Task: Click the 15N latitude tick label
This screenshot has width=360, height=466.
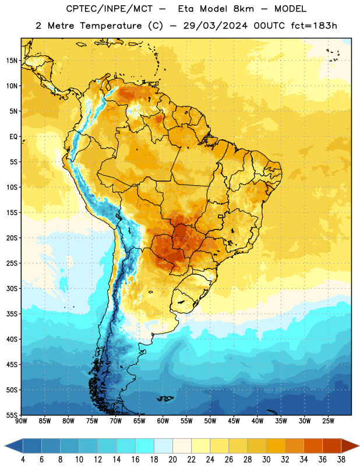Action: [12, 61]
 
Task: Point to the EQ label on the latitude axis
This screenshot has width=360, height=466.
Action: [13, 137]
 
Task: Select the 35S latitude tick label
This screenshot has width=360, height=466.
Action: [12, 314]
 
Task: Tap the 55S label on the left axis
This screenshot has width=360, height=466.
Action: [12, 415]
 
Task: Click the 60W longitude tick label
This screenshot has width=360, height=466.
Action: [163, 421]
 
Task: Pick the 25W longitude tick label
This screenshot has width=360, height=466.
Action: [328, 421]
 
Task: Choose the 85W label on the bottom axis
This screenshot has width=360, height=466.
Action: [45, 421]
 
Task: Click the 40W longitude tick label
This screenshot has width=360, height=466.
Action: [257, 421]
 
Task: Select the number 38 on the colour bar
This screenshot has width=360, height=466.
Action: [341, 460]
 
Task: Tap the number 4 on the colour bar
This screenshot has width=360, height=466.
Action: [23, 460]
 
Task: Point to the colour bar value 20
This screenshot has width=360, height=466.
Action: [172, 460]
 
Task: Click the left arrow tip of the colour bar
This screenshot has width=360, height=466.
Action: [5, 446]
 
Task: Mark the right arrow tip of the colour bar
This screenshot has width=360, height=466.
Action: [359, 446]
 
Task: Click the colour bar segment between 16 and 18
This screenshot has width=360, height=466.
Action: [144, 446]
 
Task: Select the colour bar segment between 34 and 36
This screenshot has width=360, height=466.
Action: [313, 446]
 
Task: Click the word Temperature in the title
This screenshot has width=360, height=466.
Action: [111, 26]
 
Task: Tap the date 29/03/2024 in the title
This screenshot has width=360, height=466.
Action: [215, 26]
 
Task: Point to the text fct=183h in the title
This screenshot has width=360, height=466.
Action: [314, 26]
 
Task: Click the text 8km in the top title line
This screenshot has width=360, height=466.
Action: [243, 9]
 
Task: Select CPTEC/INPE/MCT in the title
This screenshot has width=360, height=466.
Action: [109, 9]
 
